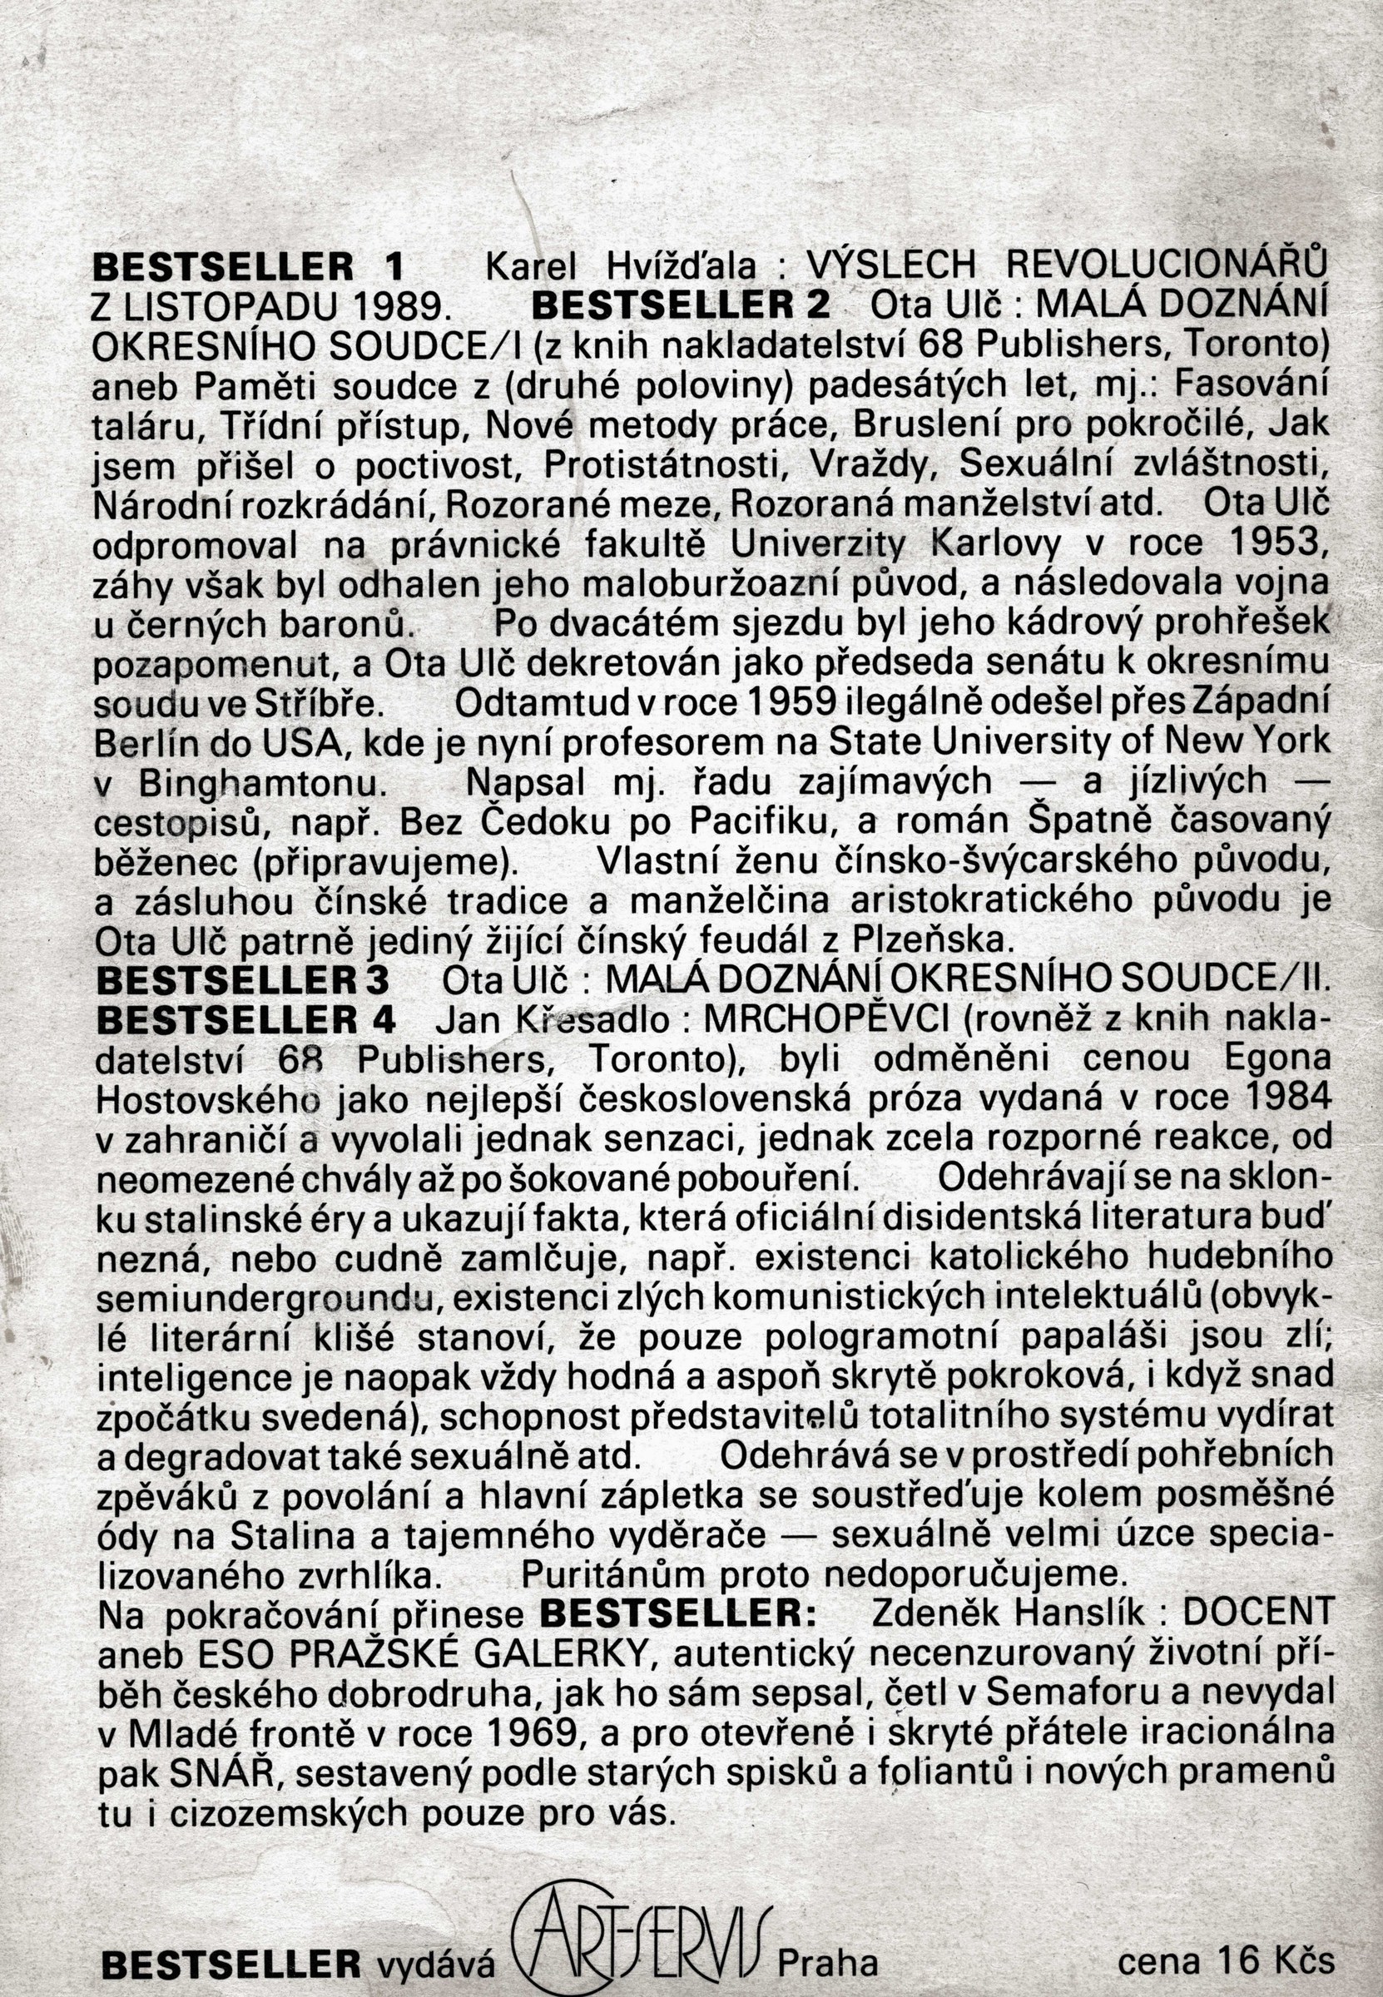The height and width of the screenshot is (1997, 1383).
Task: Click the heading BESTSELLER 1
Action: [248, 266]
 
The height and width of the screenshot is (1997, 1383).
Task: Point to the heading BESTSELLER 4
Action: [246, 1020]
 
